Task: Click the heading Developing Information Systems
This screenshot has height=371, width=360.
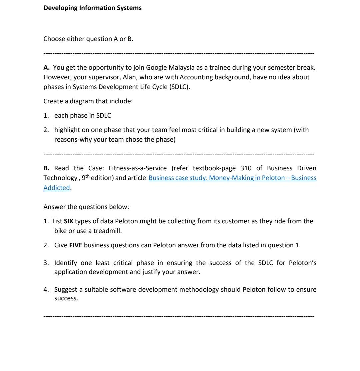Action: [92, 8]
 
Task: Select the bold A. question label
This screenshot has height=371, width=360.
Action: [47, 68]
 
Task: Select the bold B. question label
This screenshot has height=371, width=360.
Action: [46, 168]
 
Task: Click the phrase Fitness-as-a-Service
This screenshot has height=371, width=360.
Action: [138, 168]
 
